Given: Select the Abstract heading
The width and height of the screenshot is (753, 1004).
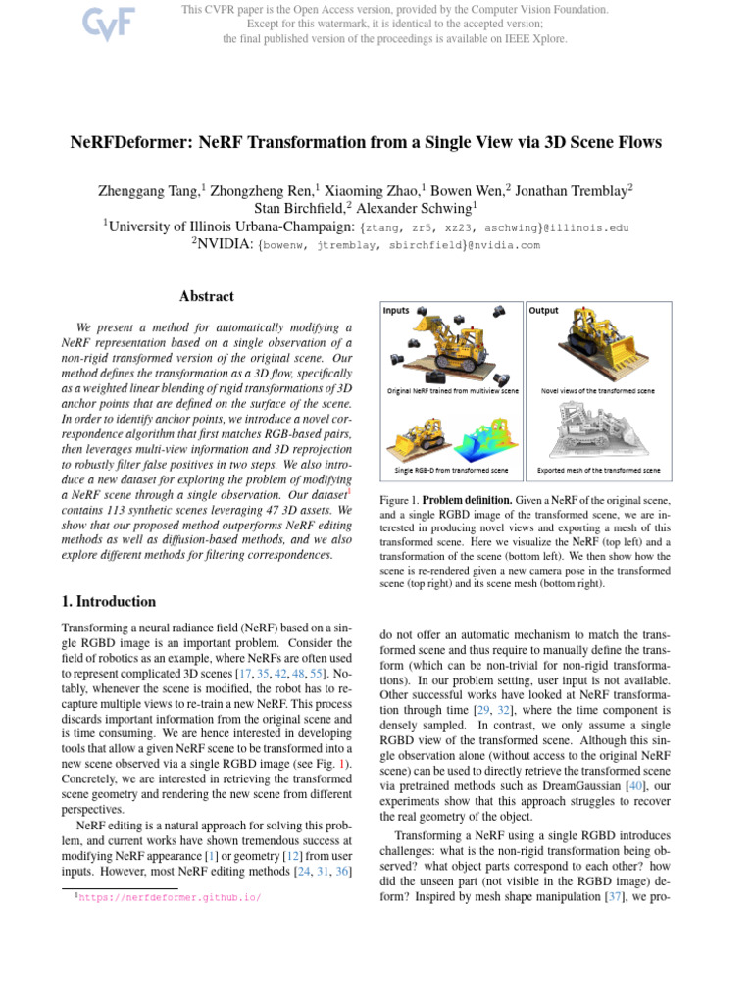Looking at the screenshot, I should [x=207, y=296].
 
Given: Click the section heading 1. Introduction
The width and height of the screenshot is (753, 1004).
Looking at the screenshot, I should [x=108, y=602].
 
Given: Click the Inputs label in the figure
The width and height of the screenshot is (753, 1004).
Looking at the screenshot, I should [x=396, y=311].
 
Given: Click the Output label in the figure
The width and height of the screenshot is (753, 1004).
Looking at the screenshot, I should [x=543, y=311].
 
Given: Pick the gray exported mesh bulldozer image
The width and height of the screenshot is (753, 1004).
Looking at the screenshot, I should [x=599, y=428].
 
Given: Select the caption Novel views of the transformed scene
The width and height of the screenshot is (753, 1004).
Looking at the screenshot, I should [x=597, y=390].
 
